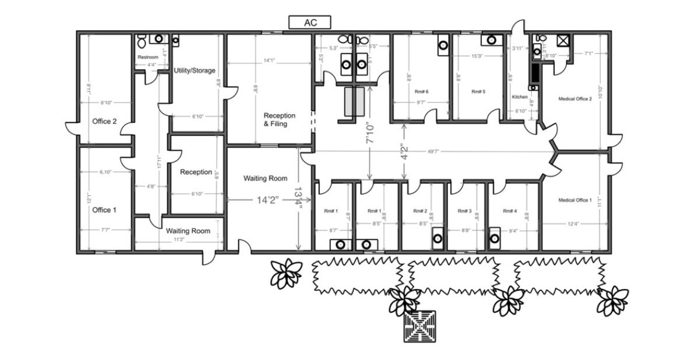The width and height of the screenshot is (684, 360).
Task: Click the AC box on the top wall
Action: click(310, 23)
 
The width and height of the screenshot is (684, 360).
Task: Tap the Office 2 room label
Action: click(104, 122)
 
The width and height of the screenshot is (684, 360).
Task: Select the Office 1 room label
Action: click(104, 210)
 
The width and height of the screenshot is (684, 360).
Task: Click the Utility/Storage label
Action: click(195, 70)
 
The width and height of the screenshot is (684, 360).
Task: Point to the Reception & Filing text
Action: click(279, 119)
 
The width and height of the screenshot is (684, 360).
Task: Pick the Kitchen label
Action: click(519, 97)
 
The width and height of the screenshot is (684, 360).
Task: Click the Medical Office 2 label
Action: click(574, 99)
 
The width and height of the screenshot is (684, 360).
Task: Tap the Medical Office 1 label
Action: click(574, 200)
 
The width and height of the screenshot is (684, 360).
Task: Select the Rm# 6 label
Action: click(421, 92)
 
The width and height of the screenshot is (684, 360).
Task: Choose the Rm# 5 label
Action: click(478, 92)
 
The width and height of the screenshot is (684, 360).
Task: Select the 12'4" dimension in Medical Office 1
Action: click(573, 224)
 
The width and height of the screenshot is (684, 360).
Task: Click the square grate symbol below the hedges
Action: click(419, 327)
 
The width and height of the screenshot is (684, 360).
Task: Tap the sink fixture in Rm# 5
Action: click(492, 40)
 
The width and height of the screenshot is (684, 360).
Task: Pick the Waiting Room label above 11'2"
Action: click(188, 231)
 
